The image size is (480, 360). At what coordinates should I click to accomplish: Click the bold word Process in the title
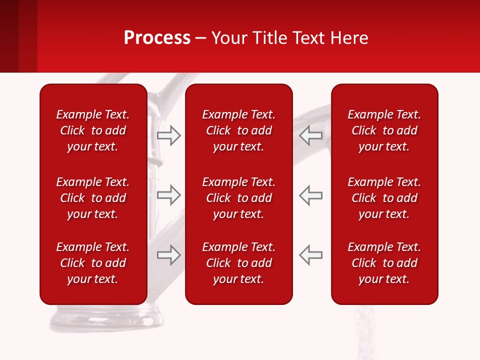click(x=157, y=38)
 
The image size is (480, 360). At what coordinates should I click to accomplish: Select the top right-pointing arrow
click(x=168, y=135)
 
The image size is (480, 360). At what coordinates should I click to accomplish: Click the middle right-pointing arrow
click(x=168, y=195)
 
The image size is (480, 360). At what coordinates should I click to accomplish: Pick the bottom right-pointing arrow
click(x=168, y=255)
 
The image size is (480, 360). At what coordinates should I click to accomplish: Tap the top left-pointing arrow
click(x=310, y=135)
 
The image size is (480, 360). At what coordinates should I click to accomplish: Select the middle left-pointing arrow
click(x=310, y=195)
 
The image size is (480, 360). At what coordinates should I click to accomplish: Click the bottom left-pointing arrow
click(x=310, y=255)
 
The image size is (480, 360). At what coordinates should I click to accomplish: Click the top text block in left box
click(x=93, y=130)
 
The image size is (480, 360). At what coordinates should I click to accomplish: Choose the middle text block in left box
click(x=93, y=198)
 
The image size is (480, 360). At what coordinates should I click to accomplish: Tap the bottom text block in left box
click(x=93, y=263)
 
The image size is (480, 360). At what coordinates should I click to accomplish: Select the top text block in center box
click(x=238, y=130)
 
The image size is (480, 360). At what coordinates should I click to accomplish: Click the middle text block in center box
click(x=238, y=198)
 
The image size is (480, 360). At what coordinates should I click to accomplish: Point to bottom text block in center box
click(x=238, y=263)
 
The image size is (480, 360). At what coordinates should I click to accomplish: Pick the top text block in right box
click(x=384, y=130)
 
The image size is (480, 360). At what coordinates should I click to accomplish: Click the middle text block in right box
click(x=384, y=198)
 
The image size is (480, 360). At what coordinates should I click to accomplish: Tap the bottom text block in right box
click(x=384, y=263)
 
